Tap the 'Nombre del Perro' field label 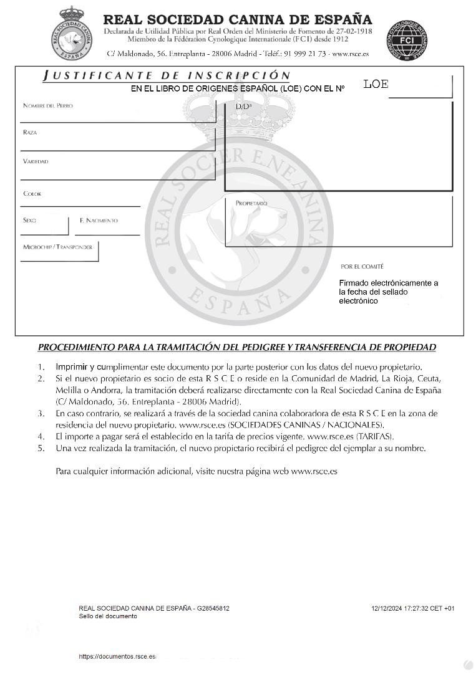click(48, 106)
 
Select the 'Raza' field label click(30, 133)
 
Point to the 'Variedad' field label click(36, 161)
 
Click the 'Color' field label click(32, 194)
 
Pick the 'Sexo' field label click(30, 221)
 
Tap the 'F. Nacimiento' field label click(99, 221)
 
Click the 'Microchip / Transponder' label click(57, 247)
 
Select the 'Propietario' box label click(251, 204)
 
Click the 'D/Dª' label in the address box click(243, 107)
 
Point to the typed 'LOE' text click(376, 85)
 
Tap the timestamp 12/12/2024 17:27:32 click(398, 608)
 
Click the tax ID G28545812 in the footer click(213, 608)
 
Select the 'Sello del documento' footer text click(108, 616)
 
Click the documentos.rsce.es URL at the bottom click(117, 657)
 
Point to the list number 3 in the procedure click(41, 413)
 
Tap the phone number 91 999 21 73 click(304, 54)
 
